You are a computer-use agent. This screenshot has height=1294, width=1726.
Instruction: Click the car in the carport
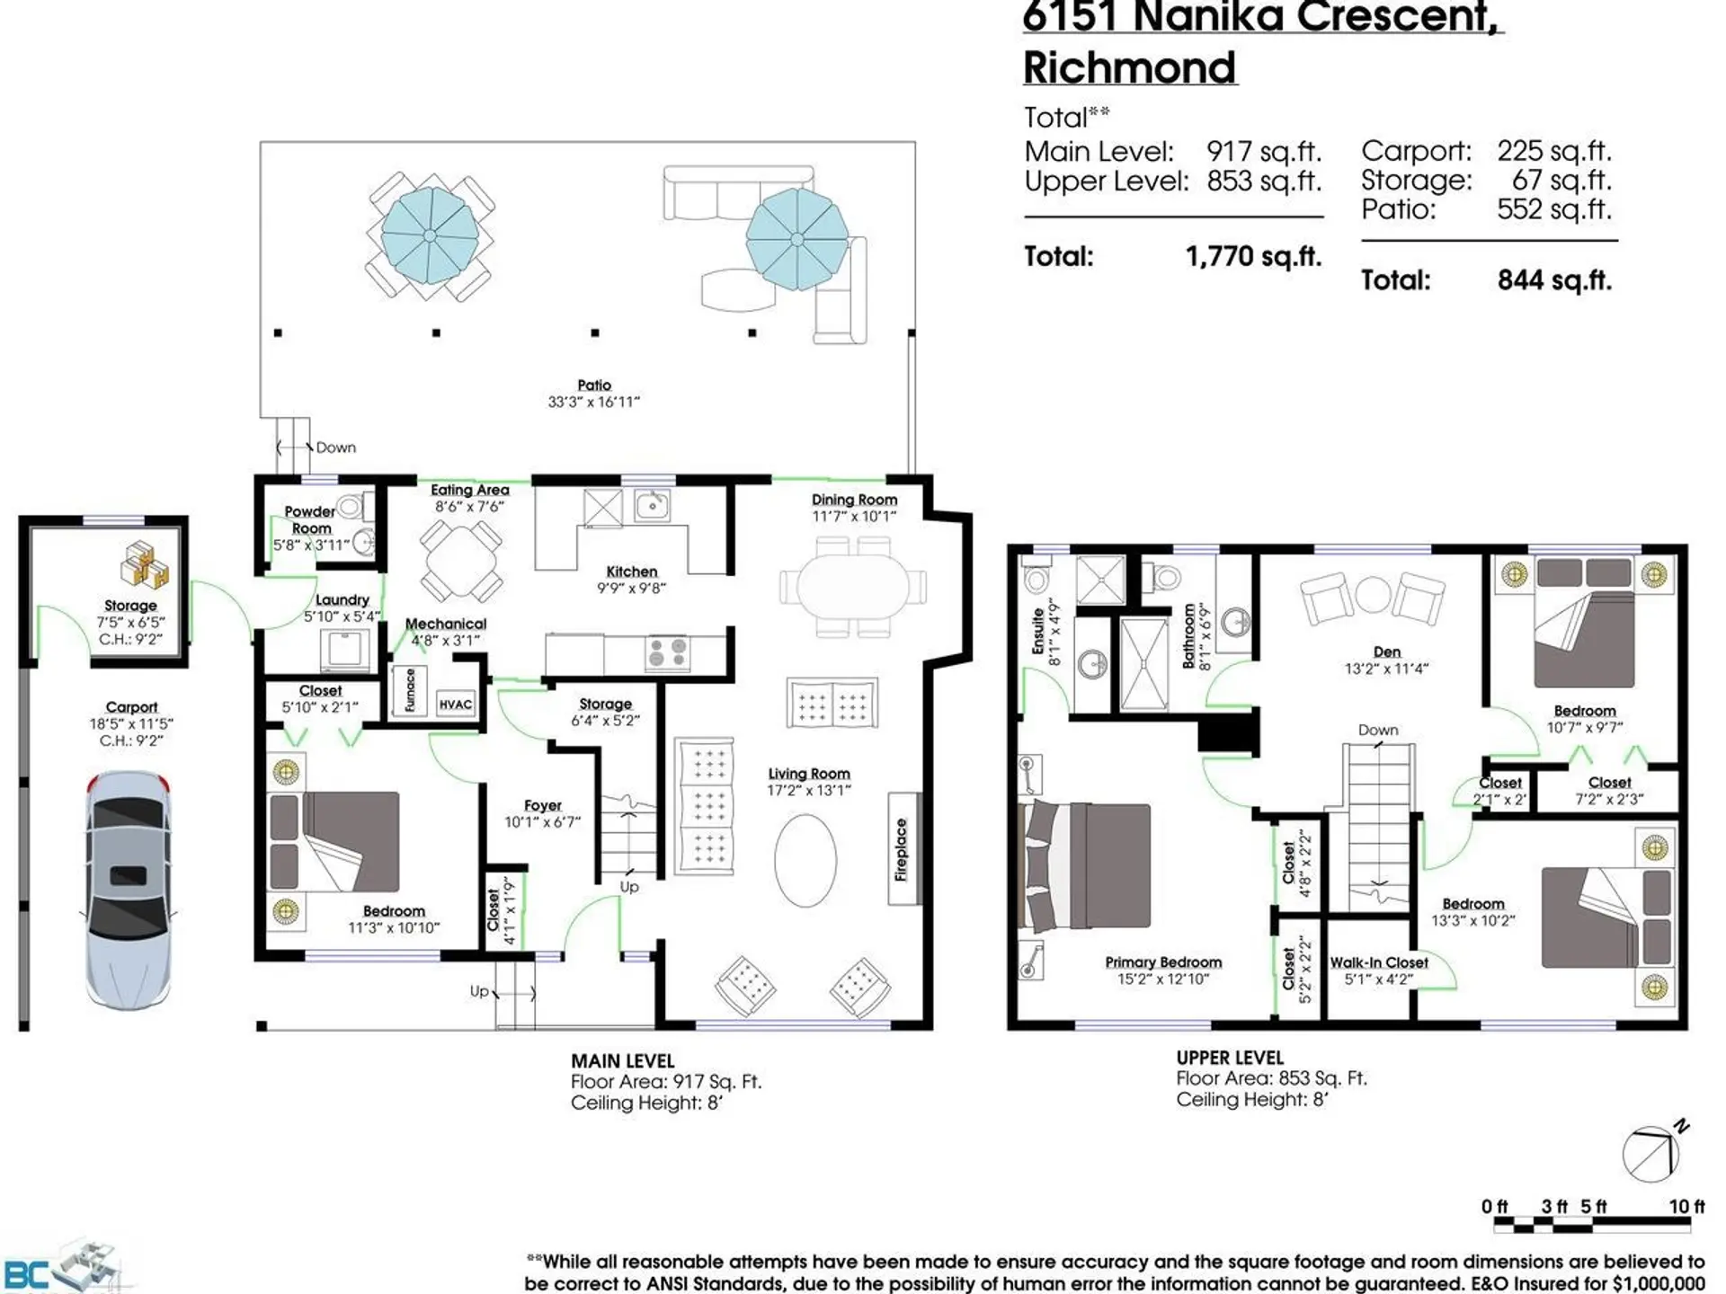[129, 890]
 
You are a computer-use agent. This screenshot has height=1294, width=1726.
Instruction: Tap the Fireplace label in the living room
[902, 849]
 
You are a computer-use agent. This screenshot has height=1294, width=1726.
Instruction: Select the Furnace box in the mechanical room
[410, 690]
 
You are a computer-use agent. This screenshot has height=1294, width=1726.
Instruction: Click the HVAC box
[455, 705]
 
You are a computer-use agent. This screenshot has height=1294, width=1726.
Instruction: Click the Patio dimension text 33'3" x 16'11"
[593, 402]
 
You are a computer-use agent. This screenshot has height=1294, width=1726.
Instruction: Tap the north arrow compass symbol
[1651, 1154]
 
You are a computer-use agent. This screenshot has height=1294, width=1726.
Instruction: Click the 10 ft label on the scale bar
[1686, 1206]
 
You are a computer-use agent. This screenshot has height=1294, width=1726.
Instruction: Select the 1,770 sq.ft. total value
[1253, 257]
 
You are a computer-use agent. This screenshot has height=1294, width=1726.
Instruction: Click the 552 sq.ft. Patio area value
[1553, 209]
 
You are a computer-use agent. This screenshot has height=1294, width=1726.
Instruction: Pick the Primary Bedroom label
[1163, 962]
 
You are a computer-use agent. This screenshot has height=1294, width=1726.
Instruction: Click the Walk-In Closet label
[1378, 962]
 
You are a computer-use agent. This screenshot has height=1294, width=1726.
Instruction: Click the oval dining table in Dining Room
[852, 586]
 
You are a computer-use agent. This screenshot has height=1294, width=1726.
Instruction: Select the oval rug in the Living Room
[805, 860]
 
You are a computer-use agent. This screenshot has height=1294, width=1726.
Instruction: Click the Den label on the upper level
[1386, 651]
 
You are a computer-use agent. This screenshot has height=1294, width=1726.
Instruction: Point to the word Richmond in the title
[1130, 68]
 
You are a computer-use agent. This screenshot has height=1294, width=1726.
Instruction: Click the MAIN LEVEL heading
[622, 1061]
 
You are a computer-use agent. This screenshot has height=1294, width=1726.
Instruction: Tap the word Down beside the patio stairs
[335, 448]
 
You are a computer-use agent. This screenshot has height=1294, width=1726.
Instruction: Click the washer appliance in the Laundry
[344, 649]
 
